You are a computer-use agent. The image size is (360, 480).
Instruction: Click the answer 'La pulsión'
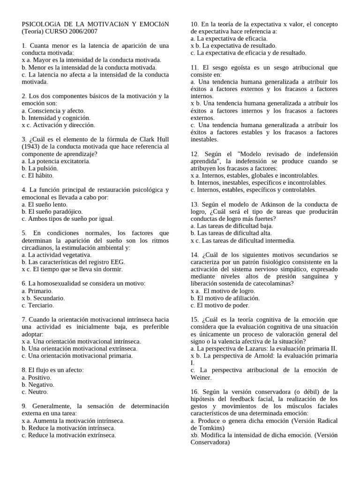[x=43, y=168]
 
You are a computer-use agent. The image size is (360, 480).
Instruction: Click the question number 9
[x=24, y=406]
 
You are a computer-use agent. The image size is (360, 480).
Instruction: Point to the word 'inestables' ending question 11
[x=204, y=139]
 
